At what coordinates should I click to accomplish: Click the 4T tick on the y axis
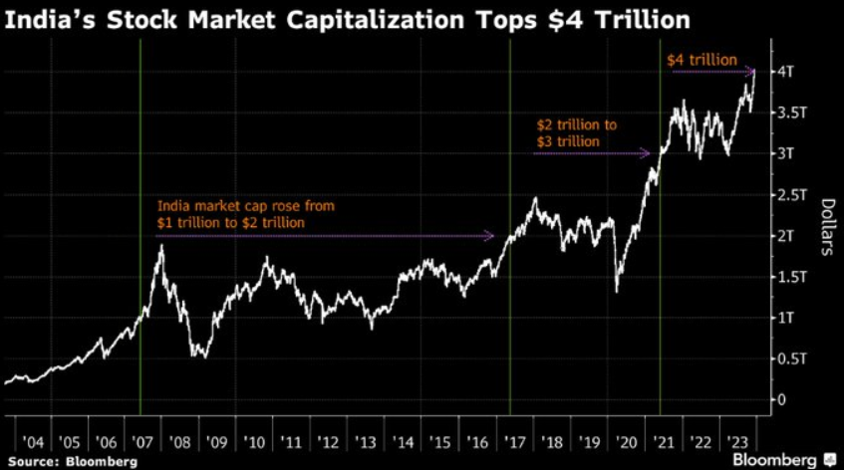(x=786, y=72)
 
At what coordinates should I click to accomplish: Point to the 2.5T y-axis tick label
(x=790, y=195)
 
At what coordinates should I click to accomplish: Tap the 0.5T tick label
(x=790, y=358)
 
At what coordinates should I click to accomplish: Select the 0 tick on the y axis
(x=783, y=399)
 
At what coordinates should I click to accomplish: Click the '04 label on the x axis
(x=32, y=441)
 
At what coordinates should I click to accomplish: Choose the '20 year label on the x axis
(x=627, y=441)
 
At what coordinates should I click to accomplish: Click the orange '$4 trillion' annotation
(x=702, y=61)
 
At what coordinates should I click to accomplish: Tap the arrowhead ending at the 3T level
(x=647, y=153)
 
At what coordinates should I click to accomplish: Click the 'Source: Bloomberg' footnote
(x=69, y=461)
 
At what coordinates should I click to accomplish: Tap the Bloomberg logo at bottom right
(x=782, y=460)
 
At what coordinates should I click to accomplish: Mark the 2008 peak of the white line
(x=161, y=245)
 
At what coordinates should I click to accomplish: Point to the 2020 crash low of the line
(x=617, y=291)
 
